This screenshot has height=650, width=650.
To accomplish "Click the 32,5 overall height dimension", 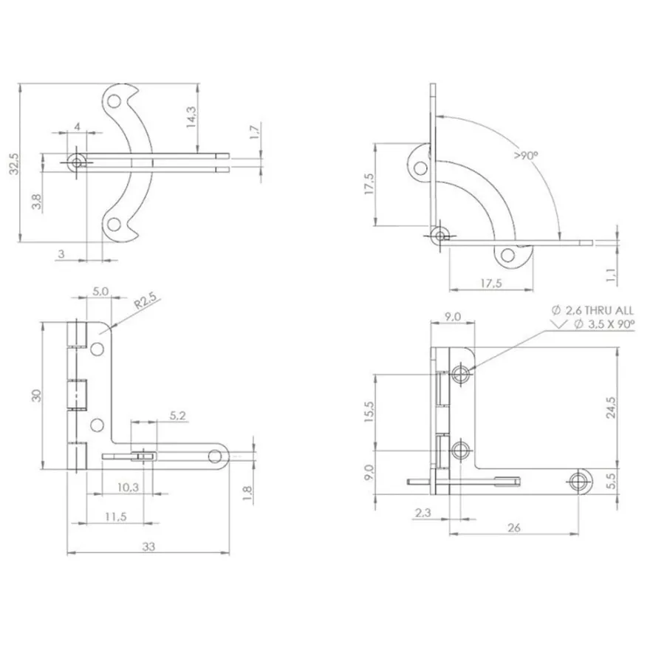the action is pos(14,164).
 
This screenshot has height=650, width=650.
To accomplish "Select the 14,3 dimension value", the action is pos(191,117).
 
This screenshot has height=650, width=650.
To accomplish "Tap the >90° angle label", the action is pos(526,155).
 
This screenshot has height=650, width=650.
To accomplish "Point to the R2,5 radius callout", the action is pos(146,301).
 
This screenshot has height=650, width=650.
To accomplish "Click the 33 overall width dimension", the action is pos(148,547).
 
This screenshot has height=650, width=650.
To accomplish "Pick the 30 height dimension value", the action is pos(36,395).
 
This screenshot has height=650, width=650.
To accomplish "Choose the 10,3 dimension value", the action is pos(128,487).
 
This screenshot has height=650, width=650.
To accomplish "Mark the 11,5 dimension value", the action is pos(116,517).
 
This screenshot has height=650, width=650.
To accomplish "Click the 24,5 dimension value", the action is pos(611,408).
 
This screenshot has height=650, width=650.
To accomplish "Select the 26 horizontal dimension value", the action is pos(513,527).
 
